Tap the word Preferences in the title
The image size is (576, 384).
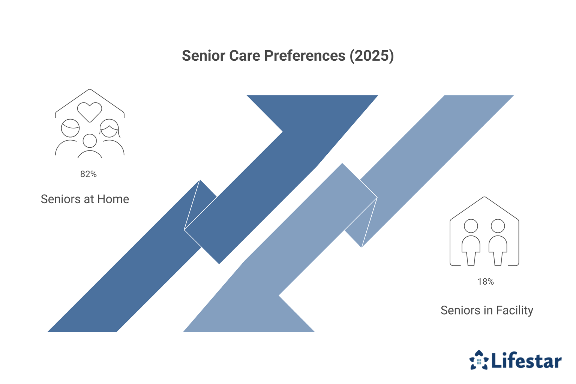[305, 56]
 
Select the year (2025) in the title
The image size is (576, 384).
[372, 56]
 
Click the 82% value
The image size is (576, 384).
[88, 174]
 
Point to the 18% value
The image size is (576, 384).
[485, 282]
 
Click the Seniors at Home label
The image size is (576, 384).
[85, 199]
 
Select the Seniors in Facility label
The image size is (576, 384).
[487, 310]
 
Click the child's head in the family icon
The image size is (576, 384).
[90, 141]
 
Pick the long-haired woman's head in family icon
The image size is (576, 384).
[109, 129]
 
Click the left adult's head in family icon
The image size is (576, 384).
[70, 129]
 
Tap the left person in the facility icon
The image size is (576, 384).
[471, 242]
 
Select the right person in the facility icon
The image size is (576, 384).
[498, 242]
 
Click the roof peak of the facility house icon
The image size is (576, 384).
[484, 198]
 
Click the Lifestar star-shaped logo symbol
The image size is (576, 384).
[479, 360]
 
